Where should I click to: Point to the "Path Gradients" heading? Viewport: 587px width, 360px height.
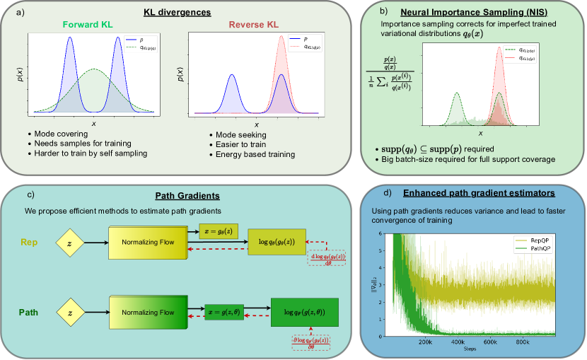[x=181, y=194]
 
